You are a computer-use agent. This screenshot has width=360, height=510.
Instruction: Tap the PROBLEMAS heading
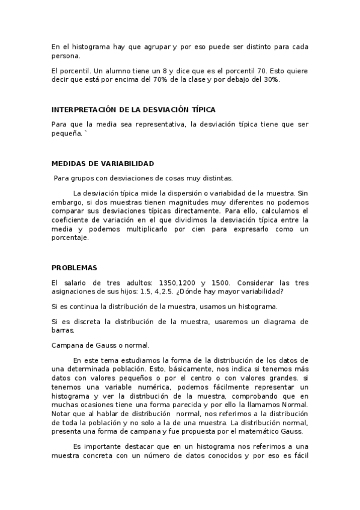[x=74, y=268]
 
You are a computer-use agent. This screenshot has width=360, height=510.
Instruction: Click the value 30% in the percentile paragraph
[x=270, y=80]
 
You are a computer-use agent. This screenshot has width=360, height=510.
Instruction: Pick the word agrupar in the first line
[x=151, y=46]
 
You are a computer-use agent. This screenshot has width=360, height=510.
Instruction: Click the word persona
[x=66, y=56]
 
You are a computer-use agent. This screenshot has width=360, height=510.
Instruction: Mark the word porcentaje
[x=70, y=238]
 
